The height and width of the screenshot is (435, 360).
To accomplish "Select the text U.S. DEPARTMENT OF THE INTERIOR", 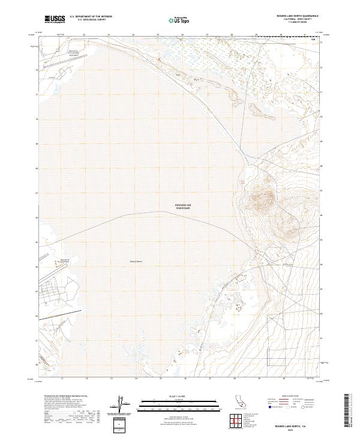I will (91, 16).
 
